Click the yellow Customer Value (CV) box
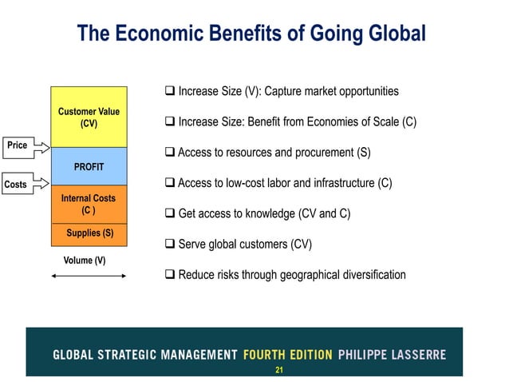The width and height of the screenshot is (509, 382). coord(89,117)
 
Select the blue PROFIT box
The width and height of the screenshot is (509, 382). coord(89,167)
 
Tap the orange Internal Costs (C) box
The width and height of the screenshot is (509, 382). coord(89,204)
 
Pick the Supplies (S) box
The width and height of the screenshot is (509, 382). coord(89,233)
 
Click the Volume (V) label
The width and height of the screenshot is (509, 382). coord(84,261)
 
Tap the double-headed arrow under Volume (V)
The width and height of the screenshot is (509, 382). coord(88,276)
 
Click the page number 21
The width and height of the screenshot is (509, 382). coord(279,370)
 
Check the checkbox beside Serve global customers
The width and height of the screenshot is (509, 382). coord(169,244)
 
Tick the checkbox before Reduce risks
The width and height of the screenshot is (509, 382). coord(169,275)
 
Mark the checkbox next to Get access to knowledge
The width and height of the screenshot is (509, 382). coord(169,213)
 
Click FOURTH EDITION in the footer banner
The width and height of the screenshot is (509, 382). coord(287,354)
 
